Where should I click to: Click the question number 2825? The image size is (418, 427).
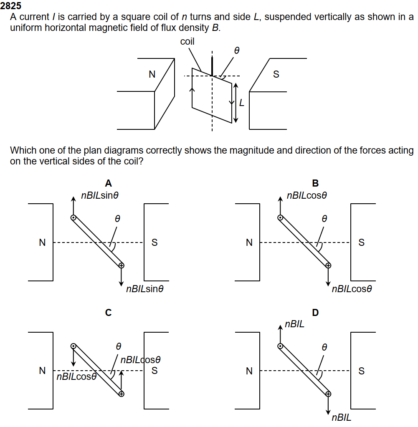10,5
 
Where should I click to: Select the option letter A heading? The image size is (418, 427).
109,183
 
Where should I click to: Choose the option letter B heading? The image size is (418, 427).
315,183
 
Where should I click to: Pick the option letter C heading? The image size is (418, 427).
109,312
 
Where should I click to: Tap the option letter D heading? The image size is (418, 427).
315,312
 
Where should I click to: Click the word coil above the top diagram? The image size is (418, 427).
187,41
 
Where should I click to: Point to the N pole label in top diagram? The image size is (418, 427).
152,74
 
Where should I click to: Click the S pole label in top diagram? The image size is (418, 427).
276,74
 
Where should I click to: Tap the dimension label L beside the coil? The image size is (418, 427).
242,103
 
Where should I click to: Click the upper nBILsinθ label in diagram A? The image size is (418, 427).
100,195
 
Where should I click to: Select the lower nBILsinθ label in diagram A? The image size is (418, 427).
144,289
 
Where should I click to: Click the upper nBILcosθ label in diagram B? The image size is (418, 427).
307,195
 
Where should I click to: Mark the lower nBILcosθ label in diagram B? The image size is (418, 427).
352,289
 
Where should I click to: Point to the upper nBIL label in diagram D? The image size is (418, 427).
294,324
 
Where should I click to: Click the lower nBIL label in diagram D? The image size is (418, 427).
342,417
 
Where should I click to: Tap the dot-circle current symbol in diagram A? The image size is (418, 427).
73,217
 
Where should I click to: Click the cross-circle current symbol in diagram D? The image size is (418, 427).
328,394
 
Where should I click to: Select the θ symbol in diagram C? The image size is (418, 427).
118,346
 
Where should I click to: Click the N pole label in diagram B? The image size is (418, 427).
249,242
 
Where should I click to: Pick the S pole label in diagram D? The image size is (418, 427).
361,371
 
